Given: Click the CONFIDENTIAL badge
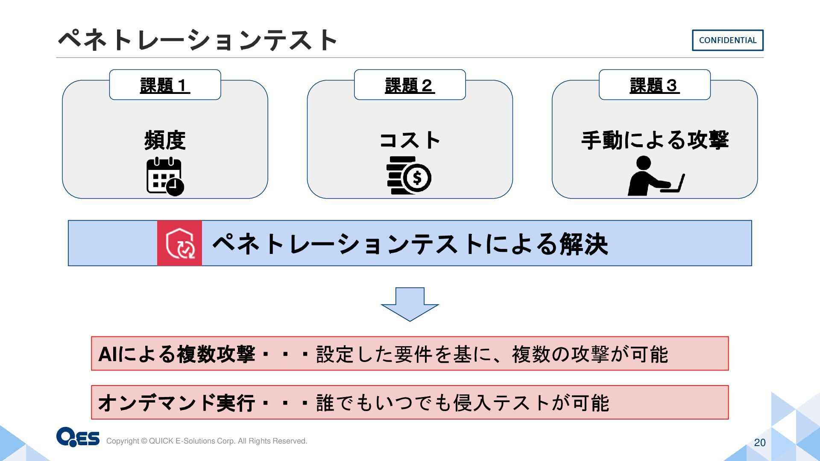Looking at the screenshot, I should (x=727, y=40).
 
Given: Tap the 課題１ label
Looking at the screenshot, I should (x=165, y=85).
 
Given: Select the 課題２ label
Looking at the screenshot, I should (x=410, y=85).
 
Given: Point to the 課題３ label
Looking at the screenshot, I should (x=654, y=85).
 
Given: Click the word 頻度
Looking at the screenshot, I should (x=165, y=140).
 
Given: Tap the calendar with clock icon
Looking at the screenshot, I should (x=165, y=177).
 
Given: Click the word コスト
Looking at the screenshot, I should (x=410, y=140).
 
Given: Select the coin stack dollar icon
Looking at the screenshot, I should (x=409, y=176).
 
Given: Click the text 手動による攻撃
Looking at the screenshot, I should (x=655, y=140).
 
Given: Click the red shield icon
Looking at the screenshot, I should (x=180, y=243).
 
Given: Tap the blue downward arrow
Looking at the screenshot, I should (x=410, y=304).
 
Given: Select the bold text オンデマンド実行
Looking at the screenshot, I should (x=177, y=403).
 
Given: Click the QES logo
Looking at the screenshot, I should (x=78, y=437).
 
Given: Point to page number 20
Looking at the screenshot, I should (x=760, y=443).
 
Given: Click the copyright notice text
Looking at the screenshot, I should (x=207, y=441).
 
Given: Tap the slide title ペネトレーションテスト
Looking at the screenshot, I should (x=197, y=40).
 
